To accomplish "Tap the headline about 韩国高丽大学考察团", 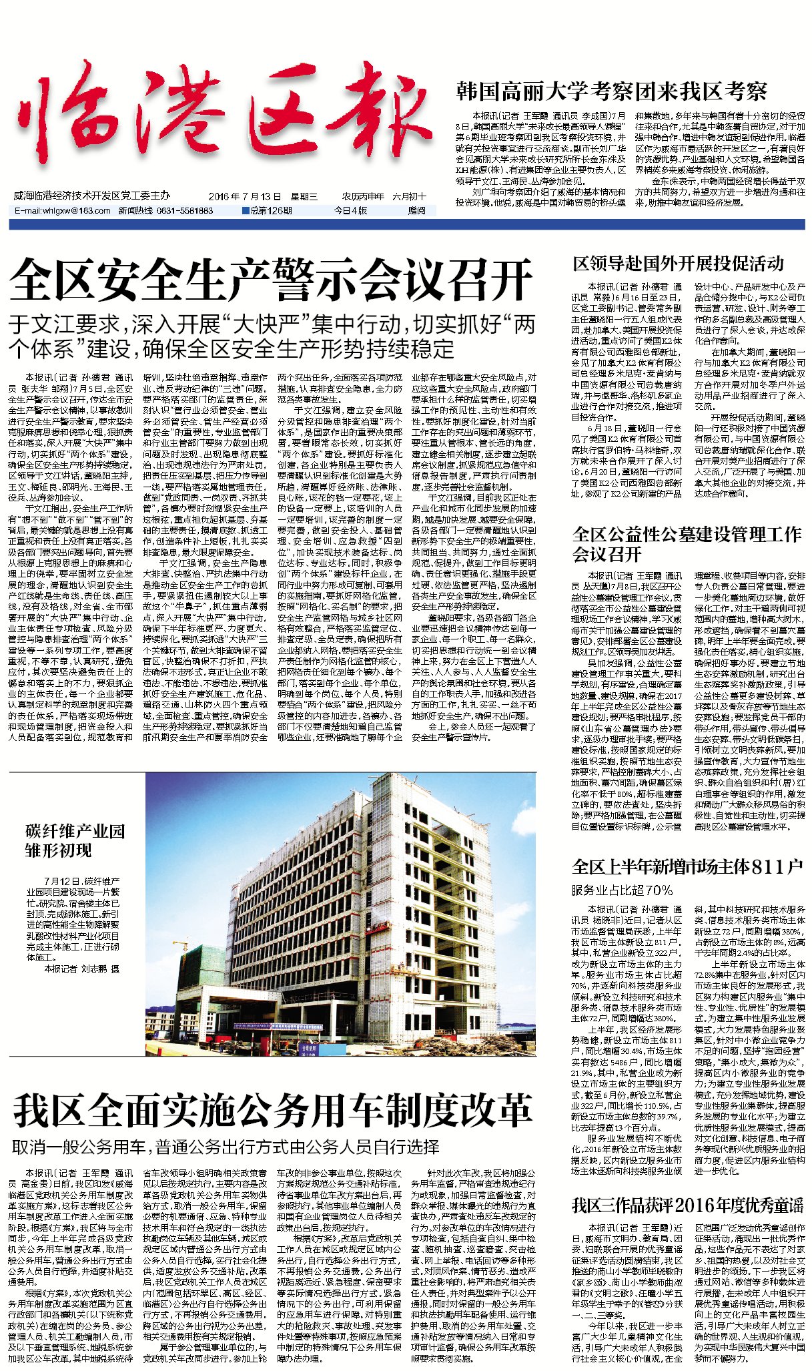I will (x=611, y=91).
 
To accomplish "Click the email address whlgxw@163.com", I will (x=63, y=211).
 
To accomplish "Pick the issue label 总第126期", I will (x=268, y=211).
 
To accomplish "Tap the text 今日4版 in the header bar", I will (x=350, y=211).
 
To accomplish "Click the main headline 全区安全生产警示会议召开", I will (x=271, y=280).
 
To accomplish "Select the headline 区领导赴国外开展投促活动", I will (x=678, y=264).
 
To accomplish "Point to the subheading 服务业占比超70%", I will (x=622, y=890).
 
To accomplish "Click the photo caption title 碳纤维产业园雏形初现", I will (x=75, y=841).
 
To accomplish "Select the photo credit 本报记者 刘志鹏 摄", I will (x=81, y=968).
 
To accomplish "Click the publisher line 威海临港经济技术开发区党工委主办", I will (x=91, y=196).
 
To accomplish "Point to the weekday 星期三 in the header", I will (x=304, y=197).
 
